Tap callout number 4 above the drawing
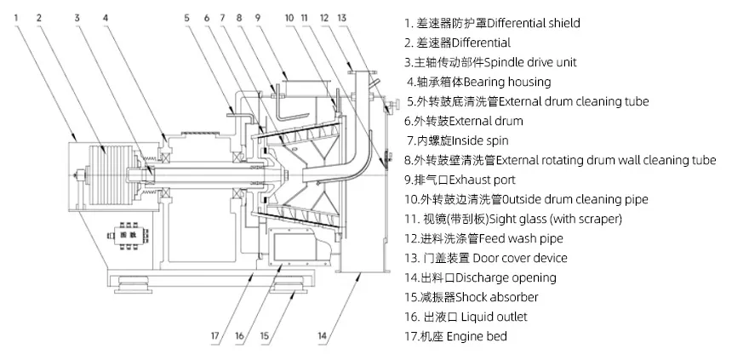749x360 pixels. point(106,16)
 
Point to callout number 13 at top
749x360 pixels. point(341,16)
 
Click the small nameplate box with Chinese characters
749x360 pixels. point(127,231)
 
